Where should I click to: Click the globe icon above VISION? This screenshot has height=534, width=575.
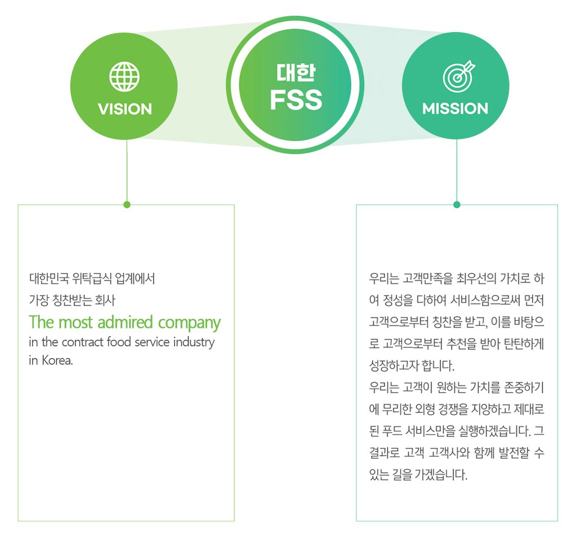coord(124,77)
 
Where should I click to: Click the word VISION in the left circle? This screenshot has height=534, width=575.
coord(125,109)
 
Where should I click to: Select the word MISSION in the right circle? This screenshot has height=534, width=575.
coord(455,108)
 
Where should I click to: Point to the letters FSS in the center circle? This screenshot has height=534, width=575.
coord(296,99)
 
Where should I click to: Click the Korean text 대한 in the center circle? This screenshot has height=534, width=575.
coord(296,72)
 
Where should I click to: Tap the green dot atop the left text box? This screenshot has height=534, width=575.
coord(127,204)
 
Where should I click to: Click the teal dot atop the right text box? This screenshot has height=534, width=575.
coord(456,204)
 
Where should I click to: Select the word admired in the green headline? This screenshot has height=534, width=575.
coord(125,322)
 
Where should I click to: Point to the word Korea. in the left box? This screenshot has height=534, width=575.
coord(57,360)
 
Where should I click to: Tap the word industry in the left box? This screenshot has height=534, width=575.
coord(194,342)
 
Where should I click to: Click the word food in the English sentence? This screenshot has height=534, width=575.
coord(119,342)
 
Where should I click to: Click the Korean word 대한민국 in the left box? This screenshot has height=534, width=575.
coord(49,279)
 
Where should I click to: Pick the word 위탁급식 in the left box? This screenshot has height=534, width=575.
coord(92,279)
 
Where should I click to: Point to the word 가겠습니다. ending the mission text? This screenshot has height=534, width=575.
coord(441,474)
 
